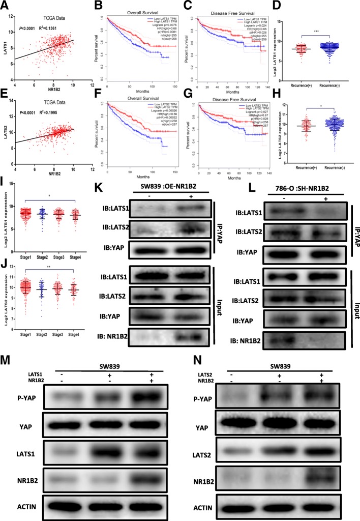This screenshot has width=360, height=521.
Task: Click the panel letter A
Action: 5,5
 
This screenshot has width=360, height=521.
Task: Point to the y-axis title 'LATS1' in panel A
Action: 5,46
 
